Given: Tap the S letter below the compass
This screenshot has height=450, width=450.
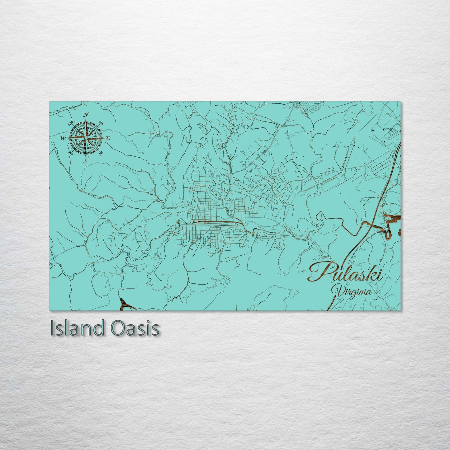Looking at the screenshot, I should pyautogui.click(x=86, y=161).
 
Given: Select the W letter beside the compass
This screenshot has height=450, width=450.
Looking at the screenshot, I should pyautogui.click(x=63, y=138).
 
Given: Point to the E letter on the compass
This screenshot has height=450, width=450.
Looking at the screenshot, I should pyautogui.click(x=108, y=138).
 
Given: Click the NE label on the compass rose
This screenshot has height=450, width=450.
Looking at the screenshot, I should pyautogui.click(x=101, y=123).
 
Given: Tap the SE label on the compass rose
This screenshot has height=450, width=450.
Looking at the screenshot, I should pyautogui.click(x=101, y=153).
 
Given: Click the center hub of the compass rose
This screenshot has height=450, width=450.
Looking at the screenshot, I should pyautogui.click(x=86, y=138).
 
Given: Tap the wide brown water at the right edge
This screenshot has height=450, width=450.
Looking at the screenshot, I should pyautogui.click(x=393, y=217).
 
